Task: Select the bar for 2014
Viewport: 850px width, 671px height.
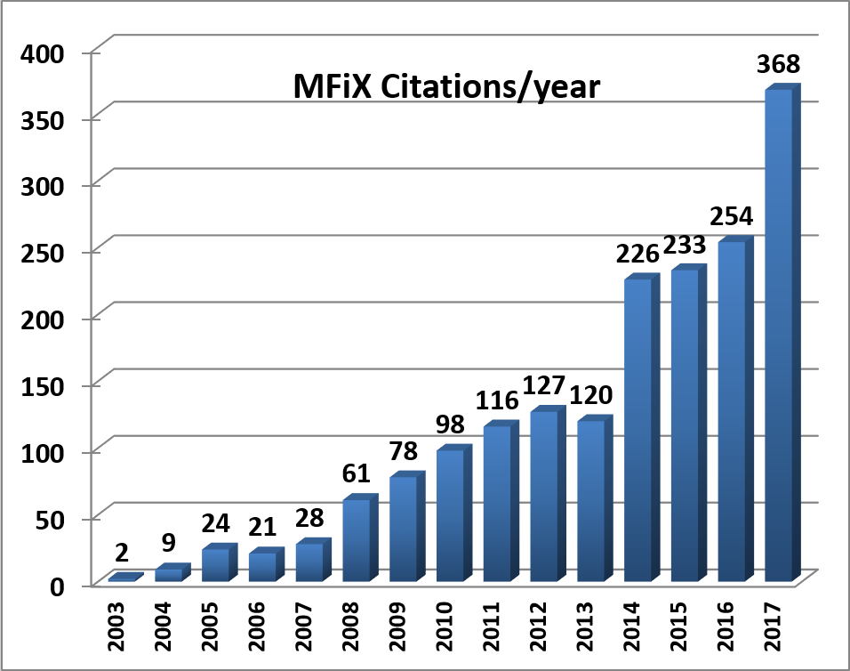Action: tap(638, 431)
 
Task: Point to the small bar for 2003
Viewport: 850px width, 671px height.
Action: tap(123, 578)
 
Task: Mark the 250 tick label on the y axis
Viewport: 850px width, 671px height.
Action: tap(44, 252)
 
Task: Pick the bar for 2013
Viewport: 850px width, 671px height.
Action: tap(591, 501)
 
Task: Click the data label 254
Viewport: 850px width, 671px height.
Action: tap(731, 216)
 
